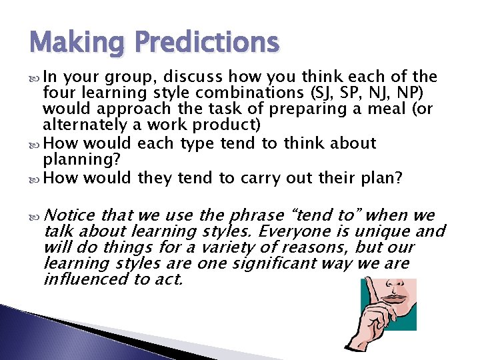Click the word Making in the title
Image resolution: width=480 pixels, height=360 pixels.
[x=75, y=43]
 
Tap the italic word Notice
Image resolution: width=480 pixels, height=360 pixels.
[x=71, y=215]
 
